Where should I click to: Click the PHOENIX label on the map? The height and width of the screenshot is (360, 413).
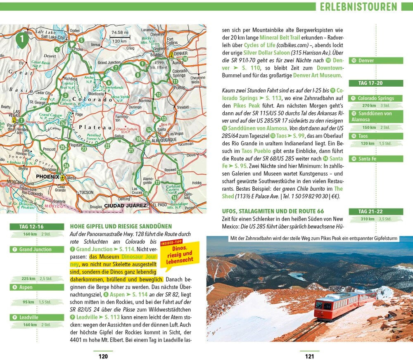tap(48, 176)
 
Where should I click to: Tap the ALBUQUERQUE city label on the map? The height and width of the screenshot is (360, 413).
tap(159, 140)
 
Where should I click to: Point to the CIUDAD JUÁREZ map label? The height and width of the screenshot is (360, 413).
tap(125, 205)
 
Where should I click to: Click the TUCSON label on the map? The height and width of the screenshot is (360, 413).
tap(86, 192)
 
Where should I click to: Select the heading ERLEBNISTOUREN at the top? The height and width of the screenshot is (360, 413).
tap(358, 7)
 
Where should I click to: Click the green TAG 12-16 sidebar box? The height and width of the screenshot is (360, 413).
tap(37, 227)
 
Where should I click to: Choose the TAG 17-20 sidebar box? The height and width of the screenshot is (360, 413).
tap(376, 83)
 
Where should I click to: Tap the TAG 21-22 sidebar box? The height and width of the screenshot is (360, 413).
tap(376, 211)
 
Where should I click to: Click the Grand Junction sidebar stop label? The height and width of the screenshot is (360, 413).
tap(37, 249)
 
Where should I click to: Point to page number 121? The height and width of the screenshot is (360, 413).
tap(309, 356)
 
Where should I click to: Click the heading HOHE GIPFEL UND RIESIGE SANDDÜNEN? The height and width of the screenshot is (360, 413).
tap(121, 226)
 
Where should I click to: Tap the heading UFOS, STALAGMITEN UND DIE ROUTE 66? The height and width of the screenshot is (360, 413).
tap(273, 211)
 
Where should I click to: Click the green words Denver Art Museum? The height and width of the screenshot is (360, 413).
tap(317, 75)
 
